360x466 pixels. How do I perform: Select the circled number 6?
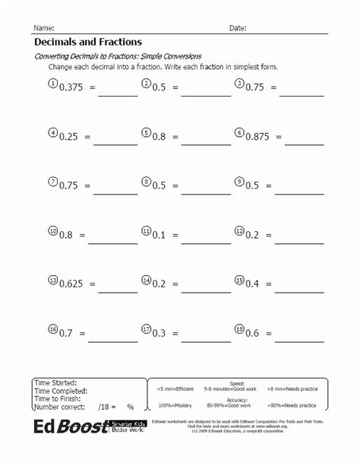click(238, 133)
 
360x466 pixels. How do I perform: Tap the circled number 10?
click(52, 231)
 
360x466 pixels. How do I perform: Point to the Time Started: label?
click(55, 382)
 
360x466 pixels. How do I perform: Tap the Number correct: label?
click(60, 407)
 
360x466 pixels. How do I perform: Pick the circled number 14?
click(146, 281)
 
